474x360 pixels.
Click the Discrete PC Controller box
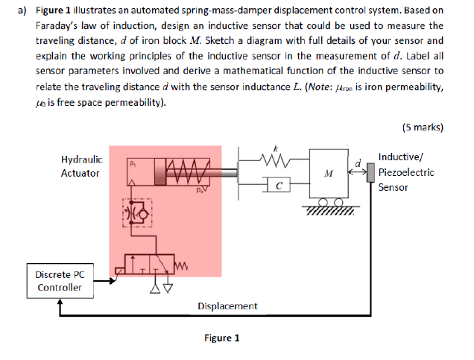pyautogui.click(x=59, y=281)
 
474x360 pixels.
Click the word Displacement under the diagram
pyautogui.click(x=227, y=306)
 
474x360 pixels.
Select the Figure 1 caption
pyautogui.click(x=221, y=338)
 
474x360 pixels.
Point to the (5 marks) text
pyautogui.click(x=422, y=127)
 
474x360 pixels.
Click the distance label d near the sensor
pyautogui.click(x=358, y=162)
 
